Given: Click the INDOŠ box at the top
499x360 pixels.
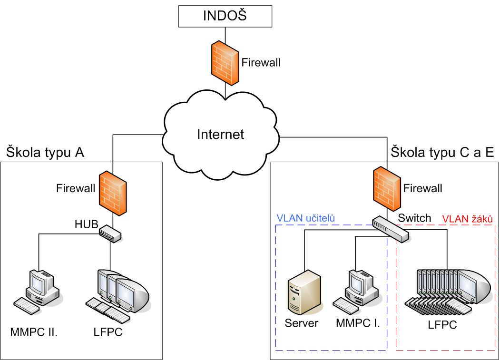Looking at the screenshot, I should point(225,16).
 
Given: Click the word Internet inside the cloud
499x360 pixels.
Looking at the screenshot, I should point(221,135).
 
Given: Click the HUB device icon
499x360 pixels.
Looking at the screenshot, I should point(110,233).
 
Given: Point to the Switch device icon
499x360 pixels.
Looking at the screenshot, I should point(390,229).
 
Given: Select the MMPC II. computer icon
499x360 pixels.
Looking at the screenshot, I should point(42,288).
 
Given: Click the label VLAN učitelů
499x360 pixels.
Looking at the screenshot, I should point(306,218).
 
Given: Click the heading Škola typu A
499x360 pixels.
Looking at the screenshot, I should point(45,152).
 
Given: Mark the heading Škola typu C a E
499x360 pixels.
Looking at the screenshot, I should point(442,152).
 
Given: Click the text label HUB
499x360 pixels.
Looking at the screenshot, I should point(86,224).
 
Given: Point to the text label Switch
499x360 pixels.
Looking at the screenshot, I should point(415,218).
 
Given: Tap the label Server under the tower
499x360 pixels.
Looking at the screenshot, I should point(302,324).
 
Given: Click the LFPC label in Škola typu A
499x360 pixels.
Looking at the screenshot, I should point(108,332).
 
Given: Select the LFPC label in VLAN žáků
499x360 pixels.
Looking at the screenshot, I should point(442,325).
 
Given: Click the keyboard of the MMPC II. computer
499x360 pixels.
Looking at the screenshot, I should point(27,306).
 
